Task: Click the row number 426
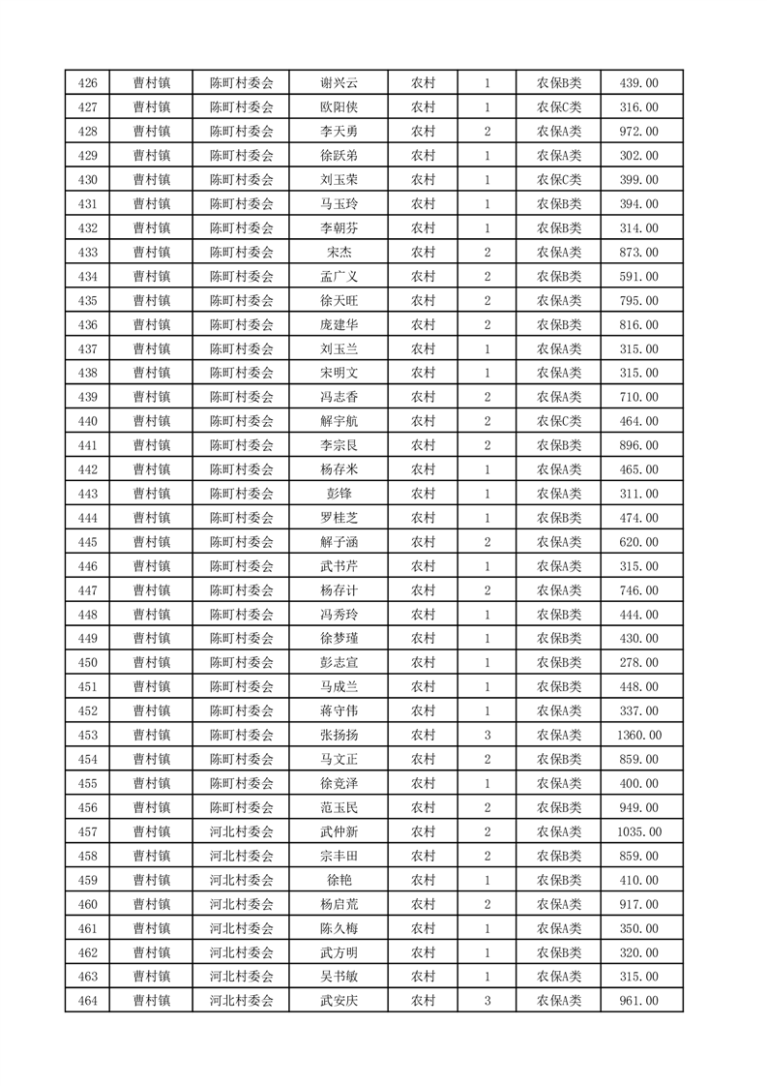(x=87, y=83)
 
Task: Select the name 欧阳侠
(x=339, y=107)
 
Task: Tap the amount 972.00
(x=638, y=132)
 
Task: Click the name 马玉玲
(x=339, y=204)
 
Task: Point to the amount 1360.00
(x=638, y=736)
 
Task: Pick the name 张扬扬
(x=339, y=736)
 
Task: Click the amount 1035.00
(x=638, y=832)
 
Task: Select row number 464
(x=87, y=1002)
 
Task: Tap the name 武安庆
(x=339, y=1002)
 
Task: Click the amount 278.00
(x=638, y=663)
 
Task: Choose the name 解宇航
(x=339, y=421)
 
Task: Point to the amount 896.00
(x=638, y=445)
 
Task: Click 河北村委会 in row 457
(x=242, y=832)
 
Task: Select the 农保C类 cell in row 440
(x=559, y=421)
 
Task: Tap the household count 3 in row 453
(x=487, y=736)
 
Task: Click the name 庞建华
(x=339, y=325)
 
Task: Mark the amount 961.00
(x=638, y=1002)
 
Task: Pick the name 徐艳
(x=339, y=881)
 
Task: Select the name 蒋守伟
(x=339, y=711)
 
